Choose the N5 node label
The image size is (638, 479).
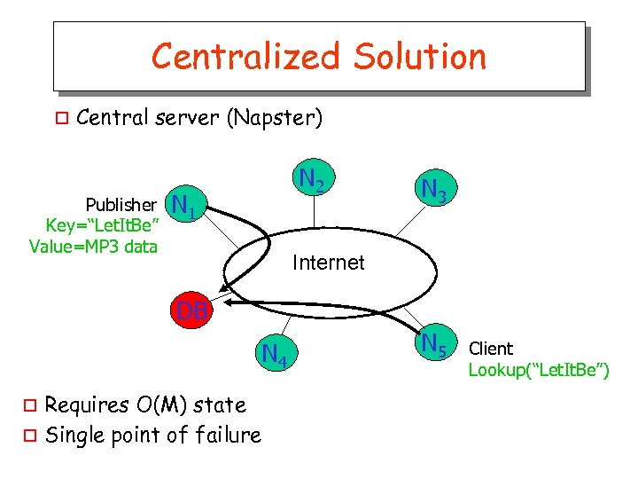coord(434,343)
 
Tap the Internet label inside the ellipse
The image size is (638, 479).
coord(328,263)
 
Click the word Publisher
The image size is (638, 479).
coord(121,205)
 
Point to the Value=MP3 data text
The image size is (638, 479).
coord(93,247)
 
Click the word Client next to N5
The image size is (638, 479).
coord(491,349)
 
